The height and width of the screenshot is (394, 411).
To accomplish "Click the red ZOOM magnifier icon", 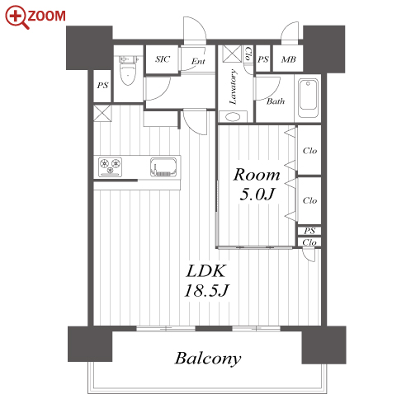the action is tap(17, 17).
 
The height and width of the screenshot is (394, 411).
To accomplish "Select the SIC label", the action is tap(163, 59).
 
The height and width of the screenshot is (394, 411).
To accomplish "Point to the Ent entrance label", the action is tap(198, 61).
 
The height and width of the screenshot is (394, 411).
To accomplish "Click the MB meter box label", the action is tap(288, 59).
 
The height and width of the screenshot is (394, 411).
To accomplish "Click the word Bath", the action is tap(276, 101).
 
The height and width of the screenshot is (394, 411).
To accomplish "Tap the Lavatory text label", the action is tap(233, 87).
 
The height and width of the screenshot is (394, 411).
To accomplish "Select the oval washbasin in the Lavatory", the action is tap(233, 116).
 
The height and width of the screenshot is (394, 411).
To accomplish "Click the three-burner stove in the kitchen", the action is tap(110, 167).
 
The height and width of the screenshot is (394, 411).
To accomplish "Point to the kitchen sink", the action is tap(163, 167).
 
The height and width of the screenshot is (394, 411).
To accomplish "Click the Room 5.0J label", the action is tap(257, 185).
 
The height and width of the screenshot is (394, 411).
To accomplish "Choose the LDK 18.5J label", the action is tap(206, 281).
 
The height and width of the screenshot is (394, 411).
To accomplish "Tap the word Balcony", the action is tap(208, 359).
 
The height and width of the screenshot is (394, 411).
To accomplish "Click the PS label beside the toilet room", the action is tap(102, 86).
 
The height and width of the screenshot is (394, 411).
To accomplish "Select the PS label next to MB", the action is tap(263, 59).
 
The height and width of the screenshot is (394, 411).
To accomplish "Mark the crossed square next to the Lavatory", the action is tap(232, 54).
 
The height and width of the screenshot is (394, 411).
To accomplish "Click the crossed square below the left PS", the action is tap(102, 113).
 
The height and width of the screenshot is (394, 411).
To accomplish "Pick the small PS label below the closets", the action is tap(309, 231).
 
